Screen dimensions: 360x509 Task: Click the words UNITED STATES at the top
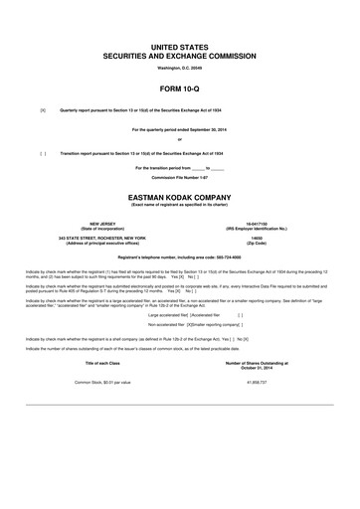pos(179,47)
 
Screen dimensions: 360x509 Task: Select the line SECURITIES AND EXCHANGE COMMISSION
pos(179,57)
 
